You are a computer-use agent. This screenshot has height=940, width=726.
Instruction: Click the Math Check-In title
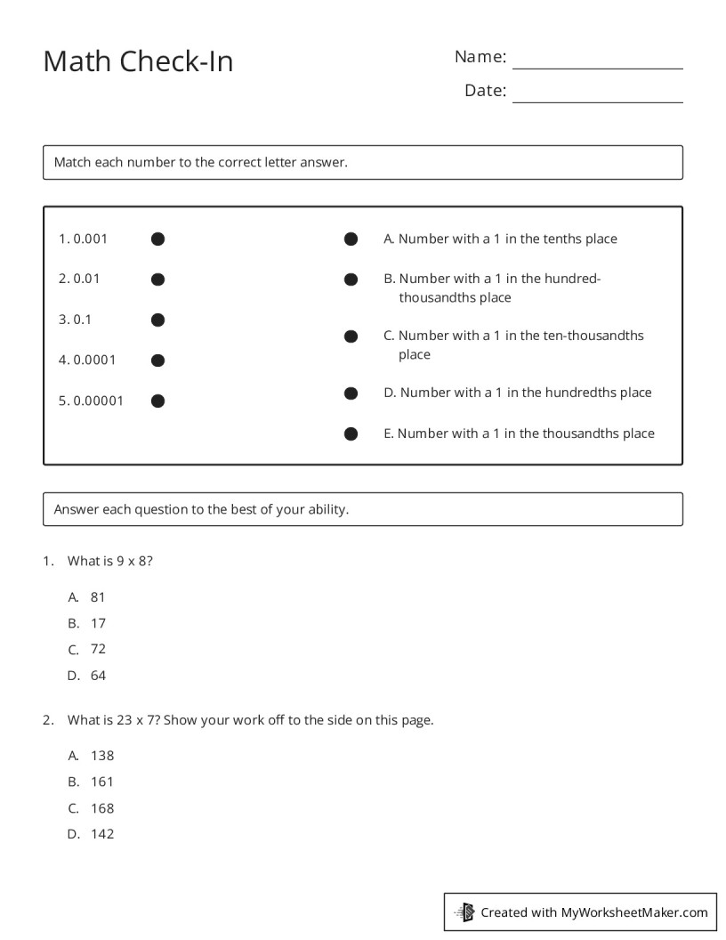[x=138, y=61]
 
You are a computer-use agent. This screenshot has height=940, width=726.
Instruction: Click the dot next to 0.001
[x=157, y=239]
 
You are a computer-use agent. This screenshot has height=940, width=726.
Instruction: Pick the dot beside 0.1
[x=157, y=320]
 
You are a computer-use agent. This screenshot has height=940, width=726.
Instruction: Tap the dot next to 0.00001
[x=157, y=401]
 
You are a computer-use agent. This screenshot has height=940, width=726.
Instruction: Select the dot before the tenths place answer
[x=351, y=239]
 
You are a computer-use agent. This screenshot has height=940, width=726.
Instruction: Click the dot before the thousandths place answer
[x=351, y=434]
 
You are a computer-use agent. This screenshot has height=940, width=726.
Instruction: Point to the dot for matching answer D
[x=351, y=393]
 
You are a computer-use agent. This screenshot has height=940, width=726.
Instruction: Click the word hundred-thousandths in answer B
[x=498, y=288]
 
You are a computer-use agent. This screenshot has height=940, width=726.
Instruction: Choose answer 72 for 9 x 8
[x=98, y=649]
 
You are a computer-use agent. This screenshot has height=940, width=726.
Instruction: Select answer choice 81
[x=98, y=597]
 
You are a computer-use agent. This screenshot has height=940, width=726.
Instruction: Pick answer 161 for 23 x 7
[x=102, y=782]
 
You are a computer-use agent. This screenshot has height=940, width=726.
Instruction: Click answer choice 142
[x=102, y=834]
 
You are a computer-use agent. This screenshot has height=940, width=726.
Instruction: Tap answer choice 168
[x=102, y=808]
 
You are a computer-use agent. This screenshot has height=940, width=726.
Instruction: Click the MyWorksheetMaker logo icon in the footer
[x=465, y=912]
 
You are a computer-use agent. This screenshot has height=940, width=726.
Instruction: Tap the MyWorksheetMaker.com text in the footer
[x=633, y=912]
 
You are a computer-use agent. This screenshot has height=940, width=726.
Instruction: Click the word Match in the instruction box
[x=72, y=162]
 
